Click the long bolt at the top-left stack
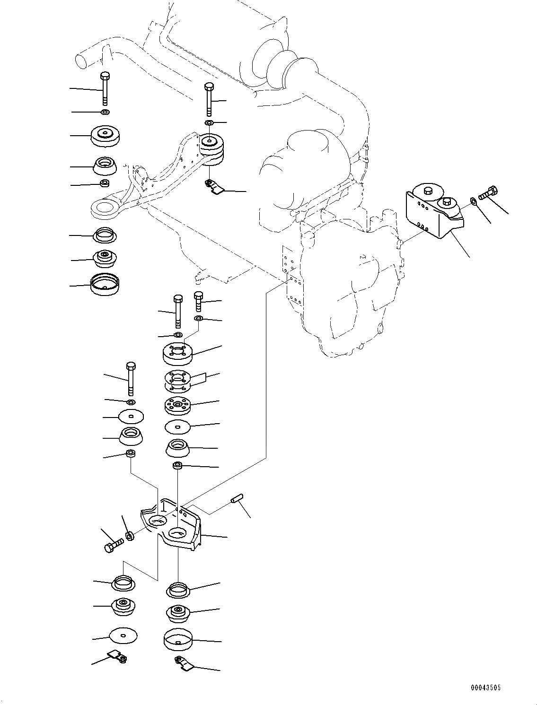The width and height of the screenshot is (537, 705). click(x=105, y=88)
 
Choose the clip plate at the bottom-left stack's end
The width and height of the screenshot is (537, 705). click(x=118, y=656)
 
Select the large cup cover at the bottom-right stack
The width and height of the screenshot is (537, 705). click(x=177, y=640)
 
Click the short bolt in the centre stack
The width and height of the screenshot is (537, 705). click(x=199, y=301)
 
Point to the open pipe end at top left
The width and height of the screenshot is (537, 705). click(x=83, y=60)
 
